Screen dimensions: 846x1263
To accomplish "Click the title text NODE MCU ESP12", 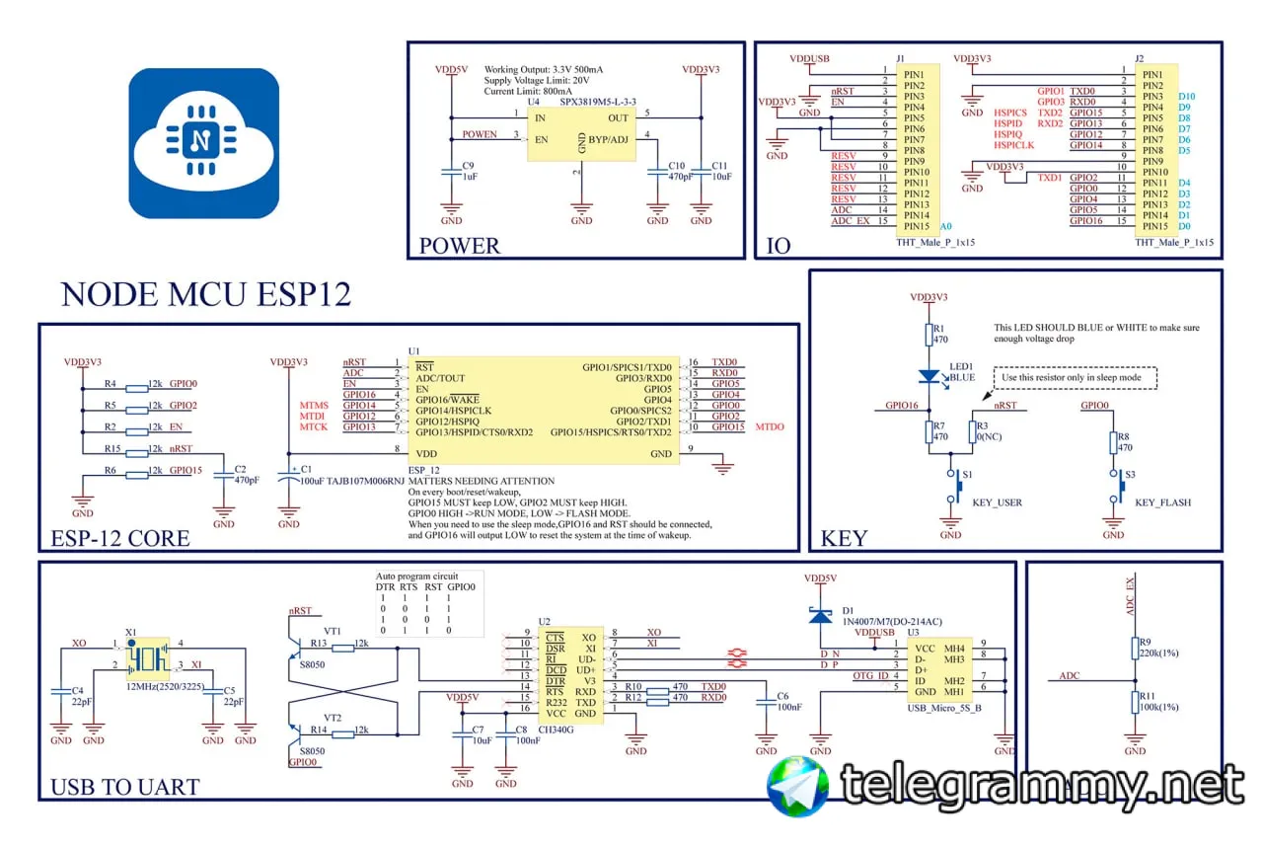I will coord(205,295).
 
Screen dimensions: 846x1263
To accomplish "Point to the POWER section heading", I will coord(460,246).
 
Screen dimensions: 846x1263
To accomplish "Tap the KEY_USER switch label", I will coord(997,502).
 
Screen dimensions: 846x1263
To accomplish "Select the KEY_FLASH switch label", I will coord(1162,502).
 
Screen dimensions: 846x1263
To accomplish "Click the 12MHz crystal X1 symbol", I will coord(147,657).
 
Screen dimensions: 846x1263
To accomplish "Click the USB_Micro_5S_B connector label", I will coord(942,709).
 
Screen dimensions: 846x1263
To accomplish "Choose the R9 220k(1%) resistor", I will coord(1133,647).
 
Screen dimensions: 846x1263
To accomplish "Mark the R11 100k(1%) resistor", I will coord(1133,701).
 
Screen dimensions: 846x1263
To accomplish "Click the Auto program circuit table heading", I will coord(416,576).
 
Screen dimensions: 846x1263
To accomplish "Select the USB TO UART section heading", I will coord(124,787).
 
